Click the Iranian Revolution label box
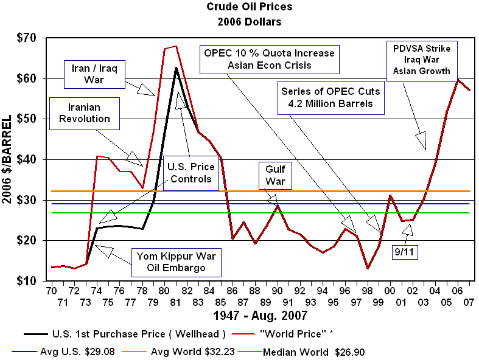(x=85, y=113)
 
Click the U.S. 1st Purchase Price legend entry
(x=124, y=334)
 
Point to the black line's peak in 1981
(x=176, y=68)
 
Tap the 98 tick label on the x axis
(x=368, y=291)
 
